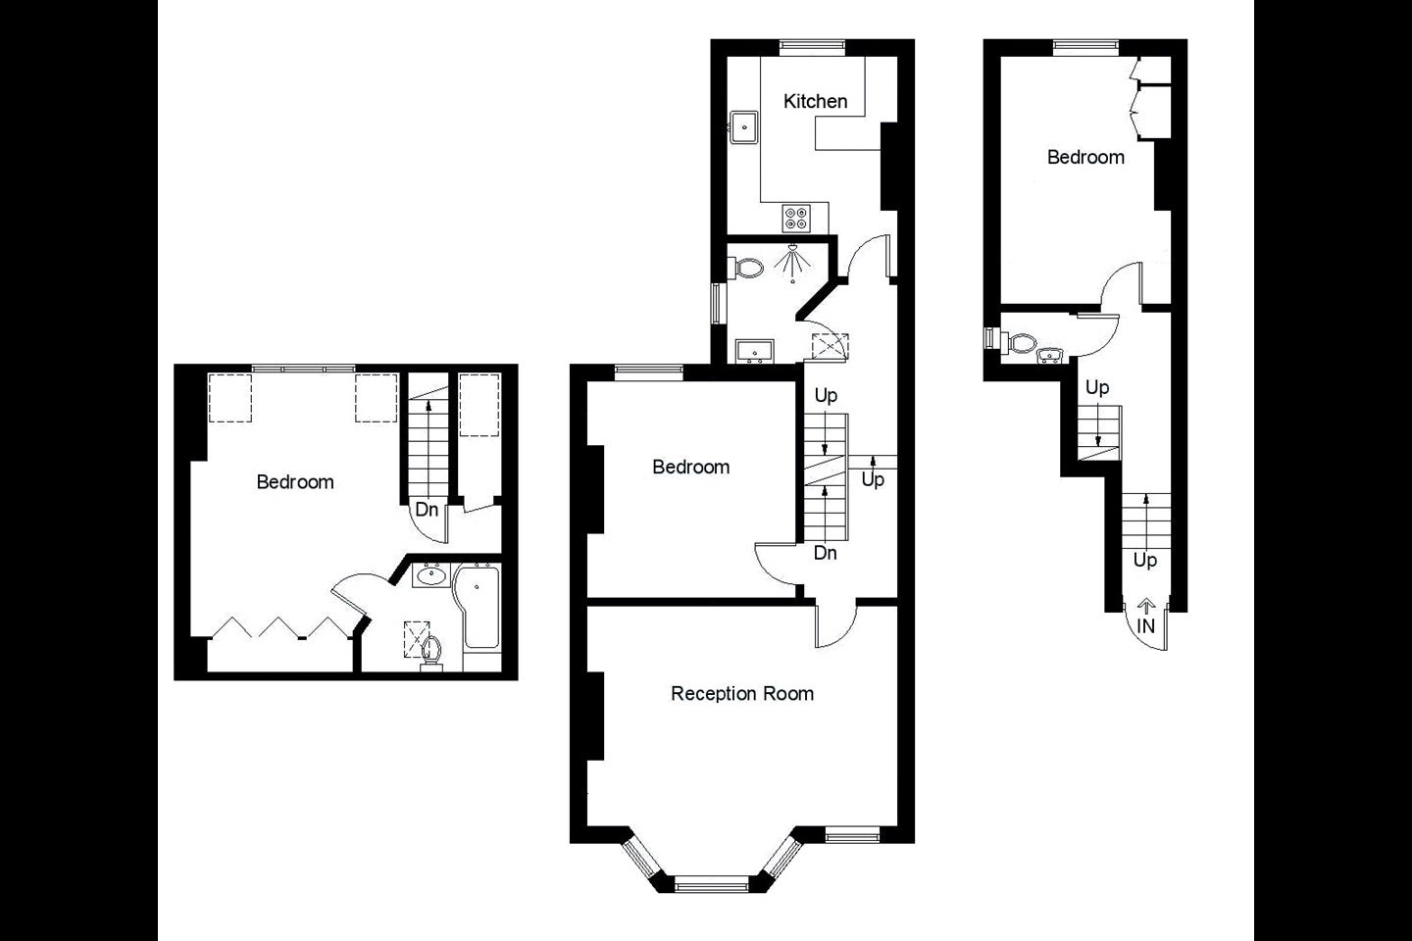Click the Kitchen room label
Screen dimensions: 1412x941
[x=815, y=101]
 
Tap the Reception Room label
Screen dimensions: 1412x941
[x=742, y=693]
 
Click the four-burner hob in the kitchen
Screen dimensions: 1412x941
[x=795, y=218]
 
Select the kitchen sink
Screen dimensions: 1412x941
[x=744, y=128]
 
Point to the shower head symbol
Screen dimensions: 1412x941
[x=793, y=263]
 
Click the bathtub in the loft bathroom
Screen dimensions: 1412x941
[x=478, y=608]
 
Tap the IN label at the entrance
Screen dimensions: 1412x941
[x=1145, y=625]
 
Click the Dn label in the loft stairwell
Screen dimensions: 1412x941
[x=427, y=510]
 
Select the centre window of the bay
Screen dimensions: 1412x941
[x=712, y=886]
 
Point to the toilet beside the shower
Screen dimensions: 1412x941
[x=745, y=268]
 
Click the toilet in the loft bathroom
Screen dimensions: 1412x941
[x=431, y=654]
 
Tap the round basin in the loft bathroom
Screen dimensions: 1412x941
[x=431, y=575]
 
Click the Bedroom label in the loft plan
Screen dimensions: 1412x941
[x=295, y=482]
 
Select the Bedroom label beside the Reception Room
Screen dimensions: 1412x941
[x=691, y=467]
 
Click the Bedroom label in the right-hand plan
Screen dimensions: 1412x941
[x=1085, y=157]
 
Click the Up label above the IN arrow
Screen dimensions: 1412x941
[x=1144, y=561]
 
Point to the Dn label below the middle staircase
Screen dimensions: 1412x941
[x=826, y=553]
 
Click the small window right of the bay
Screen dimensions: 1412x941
[x=852, y=836]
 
